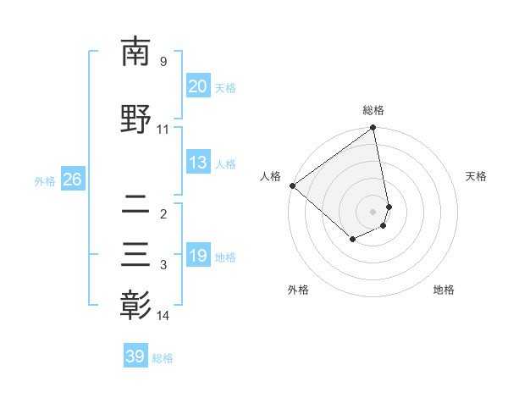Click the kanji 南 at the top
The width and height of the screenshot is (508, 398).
pyautogui.click(x=135, y=53)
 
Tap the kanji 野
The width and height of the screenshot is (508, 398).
pyautogui.click(x=135, y=120)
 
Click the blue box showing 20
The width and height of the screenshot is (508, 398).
pyautogui.click(x=198, y=86)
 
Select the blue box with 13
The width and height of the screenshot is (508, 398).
pyautogui.click(x=198, y=163)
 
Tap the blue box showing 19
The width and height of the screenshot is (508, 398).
pyautogui.click(x=198, y=256)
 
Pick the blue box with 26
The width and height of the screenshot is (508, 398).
pyautogui.click(x=72, y=180)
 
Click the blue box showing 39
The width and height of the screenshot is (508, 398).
pyautogui.click(x=135, y=357)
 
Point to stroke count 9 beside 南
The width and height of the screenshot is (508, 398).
pyautogui.click(x=163, y=62)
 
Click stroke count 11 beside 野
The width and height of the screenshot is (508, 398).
pyautogui.click(x=163, y=130)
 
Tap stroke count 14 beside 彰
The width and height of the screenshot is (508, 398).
pyautogui.click(x=163, y=316)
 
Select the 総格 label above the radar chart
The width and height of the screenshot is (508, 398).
pyautogui.click(x=373, y=110)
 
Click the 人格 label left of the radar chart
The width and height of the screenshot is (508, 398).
pyautogui.click(x=271, y=176)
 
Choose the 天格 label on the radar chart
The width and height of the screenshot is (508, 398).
pyautogui.click(x=476, y=176)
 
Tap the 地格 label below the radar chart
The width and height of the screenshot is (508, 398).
pyautogui.click(x=444, y=290)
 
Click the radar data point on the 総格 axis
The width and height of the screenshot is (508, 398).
pyautogui.click(x=373, y=129)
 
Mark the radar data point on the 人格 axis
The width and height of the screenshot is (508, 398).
pyautogui.click(x=292, y=185)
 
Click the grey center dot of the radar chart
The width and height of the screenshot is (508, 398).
pyautogui.click(x=373, y=212)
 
